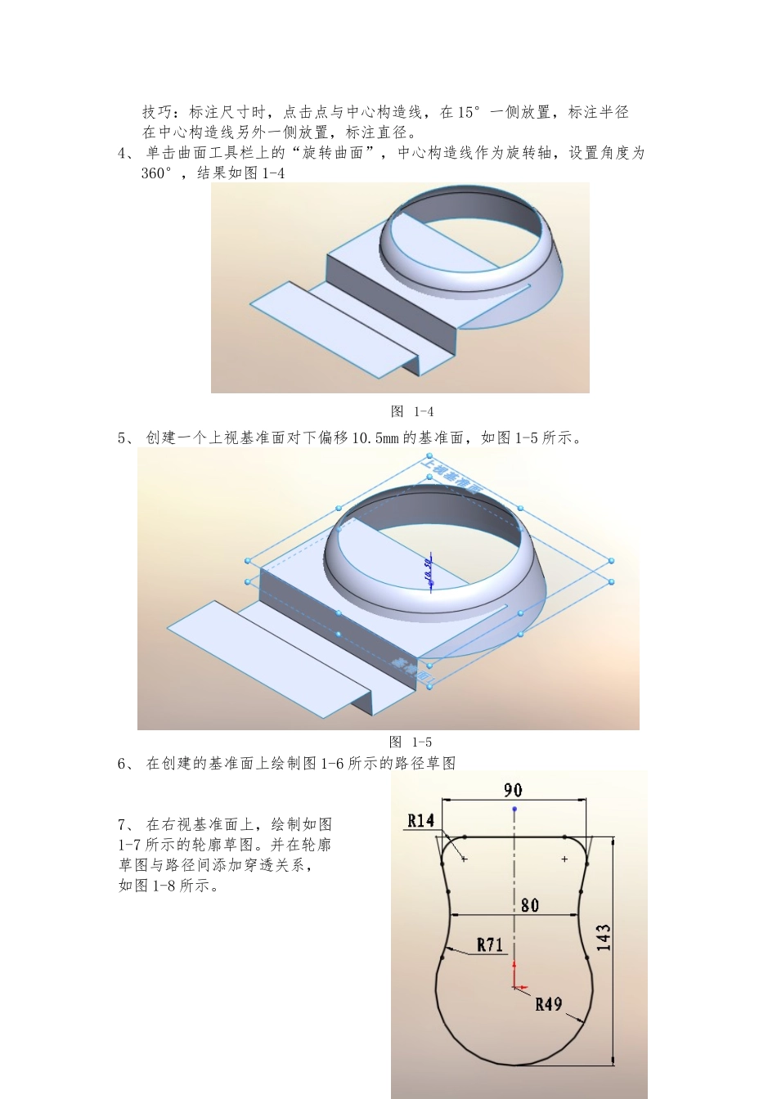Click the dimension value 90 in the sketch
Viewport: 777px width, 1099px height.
pos(513,789)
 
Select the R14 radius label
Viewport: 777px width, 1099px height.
pos(421,820)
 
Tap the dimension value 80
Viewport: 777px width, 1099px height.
pos(529,904)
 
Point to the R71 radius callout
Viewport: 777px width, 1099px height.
pos(490,944)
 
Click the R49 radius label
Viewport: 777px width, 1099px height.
pos(548,1003)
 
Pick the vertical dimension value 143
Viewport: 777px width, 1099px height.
pos(604,937)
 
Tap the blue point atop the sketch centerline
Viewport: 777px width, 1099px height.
pos(514,810)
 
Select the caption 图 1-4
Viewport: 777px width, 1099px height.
pos(412,411)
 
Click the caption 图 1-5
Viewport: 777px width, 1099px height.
pos(411,742)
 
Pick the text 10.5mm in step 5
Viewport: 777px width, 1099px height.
pos(375,437)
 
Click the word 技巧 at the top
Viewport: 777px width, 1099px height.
pos(158,112)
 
